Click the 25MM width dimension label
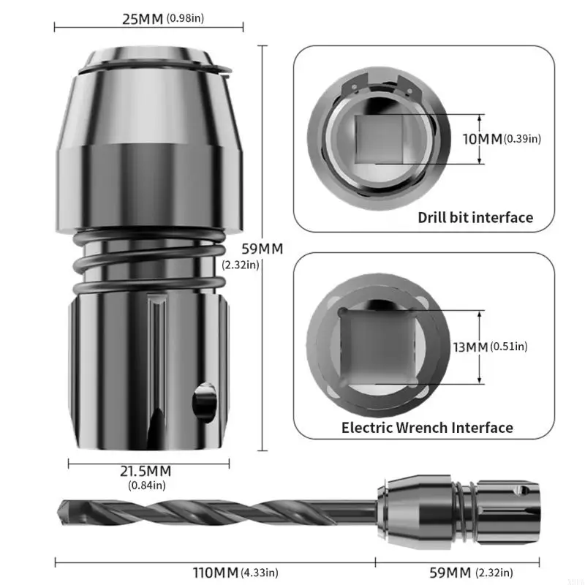point(143,19)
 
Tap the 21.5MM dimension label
point(146,471)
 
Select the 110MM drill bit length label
point(216,573)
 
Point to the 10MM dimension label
point(483,139)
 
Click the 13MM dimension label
point(471,347)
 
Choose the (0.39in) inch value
point(522,139)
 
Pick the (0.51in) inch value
point(509,347)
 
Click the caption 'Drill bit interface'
point(475,217)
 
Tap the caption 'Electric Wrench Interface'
point(427,427)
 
